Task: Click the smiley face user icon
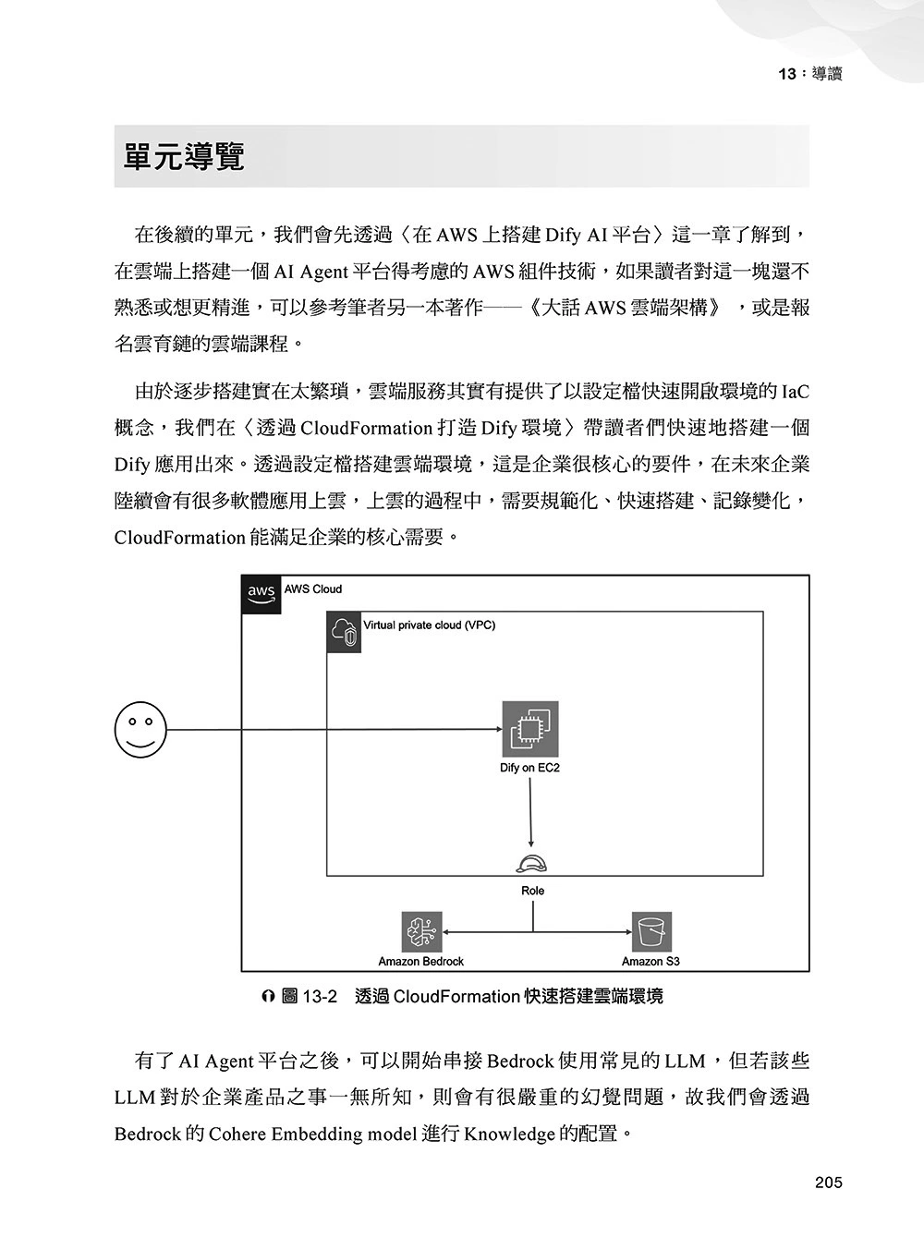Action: click(x=140, y=729)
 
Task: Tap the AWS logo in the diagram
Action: click(x=261, y=593)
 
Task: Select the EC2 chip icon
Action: click(x=529, y=729)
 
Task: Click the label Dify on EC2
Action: click(x=529, y=768)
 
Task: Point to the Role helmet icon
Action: click(x=532, y=864)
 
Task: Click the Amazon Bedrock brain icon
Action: click(x=421, y=932)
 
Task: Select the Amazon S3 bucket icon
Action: click(x=651, y=932)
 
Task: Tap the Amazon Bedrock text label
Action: click(x=421, y=962)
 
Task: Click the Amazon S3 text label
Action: click(x=650, y=962)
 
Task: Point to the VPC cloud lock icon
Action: click(x=345, y=633)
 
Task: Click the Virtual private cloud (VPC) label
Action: click(x=429, y=625)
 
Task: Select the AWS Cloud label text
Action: click(x=312, y=589)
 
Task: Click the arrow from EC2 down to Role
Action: click(x=530, y=813)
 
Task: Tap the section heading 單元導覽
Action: click(x=185, y=157)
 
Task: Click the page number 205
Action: click(x=828, y=1183)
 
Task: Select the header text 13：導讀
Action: click(x=810, y=74)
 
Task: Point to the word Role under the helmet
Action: click(x=533, y=891)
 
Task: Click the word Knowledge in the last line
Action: click(x=509, y=1134)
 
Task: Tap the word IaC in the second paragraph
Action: click(x=795, y=392)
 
